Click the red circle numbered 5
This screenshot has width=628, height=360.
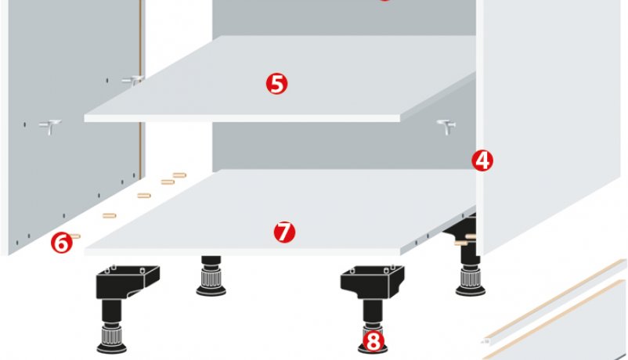tap(276, 84)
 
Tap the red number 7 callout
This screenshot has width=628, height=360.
tap(284, 232)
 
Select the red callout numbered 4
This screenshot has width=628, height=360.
tap(482, 160)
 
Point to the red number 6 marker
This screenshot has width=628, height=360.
tap(62, 243)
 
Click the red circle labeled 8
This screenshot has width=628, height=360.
tap(373, 341)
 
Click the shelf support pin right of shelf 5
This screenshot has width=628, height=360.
tap(446, 127)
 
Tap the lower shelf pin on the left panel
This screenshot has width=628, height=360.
tap(50, 127)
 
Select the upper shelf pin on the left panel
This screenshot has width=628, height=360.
tap(133, 80)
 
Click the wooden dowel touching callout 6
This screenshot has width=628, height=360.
tap(75, 236)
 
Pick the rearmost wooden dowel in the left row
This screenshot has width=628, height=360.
tap(179, 175)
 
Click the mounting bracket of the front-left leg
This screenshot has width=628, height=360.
tap(128, 281)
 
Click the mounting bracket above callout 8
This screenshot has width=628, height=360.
tap(372, 281)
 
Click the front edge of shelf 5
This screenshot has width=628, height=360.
tap(242, 118)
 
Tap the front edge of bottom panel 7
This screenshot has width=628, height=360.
tap(242, 252)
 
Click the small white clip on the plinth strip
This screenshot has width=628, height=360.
tap(485, 341)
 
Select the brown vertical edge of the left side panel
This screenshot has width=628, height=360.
tap(141, 88)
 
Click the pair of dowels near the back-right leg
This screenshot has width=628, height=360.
tap(465, 239)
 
